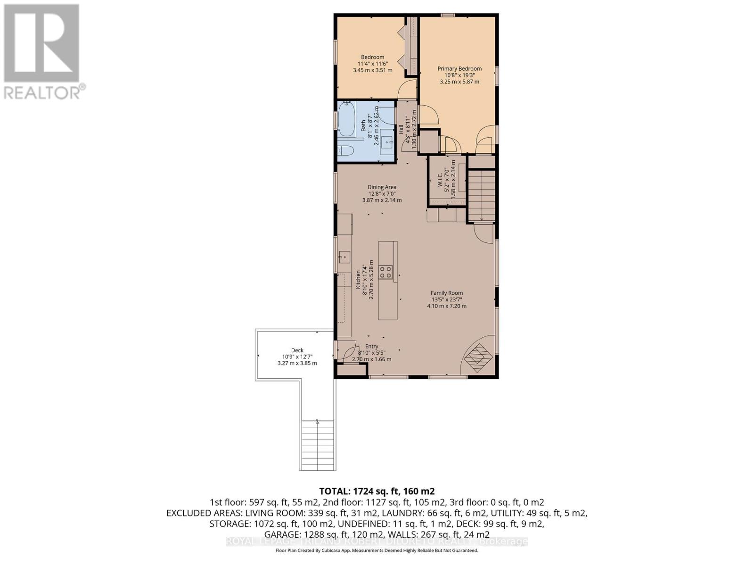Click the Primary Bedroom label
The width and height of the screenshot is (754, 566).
(459, 68)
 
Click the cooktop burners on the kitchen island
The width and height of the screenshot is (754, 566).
(386, 272)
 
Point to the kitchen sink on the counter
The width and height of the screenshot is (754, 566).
(344, 257)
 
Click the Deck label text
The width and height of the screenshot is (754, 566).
(297, 350)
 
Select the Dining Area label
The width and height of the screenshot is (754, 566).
(382, 187)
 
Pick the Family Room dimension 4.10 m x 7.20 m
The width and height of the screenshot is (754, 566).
(446, 306)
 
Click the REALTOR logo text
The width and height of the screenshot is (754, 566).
(45, 92)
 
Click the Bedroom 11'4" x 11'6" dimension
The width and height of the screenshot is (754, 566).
(372, 64)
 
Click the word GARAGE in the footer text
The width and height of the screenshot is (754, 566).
(281, 534)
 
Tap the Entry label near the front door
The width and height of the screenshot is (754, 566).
(371, 347)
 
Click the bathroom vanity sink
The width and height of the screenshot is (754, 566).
(388, 140)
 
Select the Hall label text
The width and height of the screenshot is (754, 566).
(401, 129)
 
